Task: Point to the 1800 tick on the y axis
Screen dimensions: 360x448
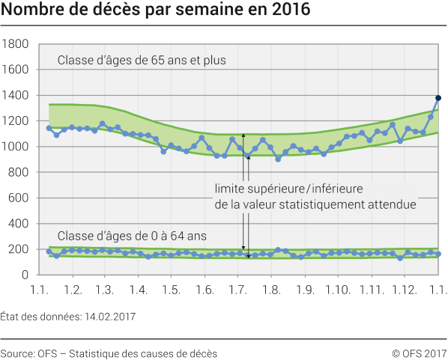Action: point(16,45)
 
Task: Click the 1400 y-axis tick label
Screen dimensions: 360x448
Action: point(16,96)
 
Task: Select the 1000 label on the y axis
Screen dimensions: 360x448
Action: point(16,147)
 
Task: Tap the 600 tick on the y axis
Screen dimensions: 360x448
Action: point(19,198)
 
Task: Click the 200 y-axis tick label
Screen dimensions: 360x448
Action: point(19,249)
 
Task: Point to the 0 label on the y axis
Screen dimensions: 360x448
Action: point(25,275)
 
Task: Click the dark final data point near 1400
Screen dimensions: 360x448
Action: point(438,98)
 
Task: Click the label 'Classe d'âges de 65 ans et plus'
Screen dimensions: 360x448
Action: point(142,59)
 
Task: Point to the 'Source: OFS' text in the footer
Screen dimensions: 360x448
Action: point(28,352)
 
